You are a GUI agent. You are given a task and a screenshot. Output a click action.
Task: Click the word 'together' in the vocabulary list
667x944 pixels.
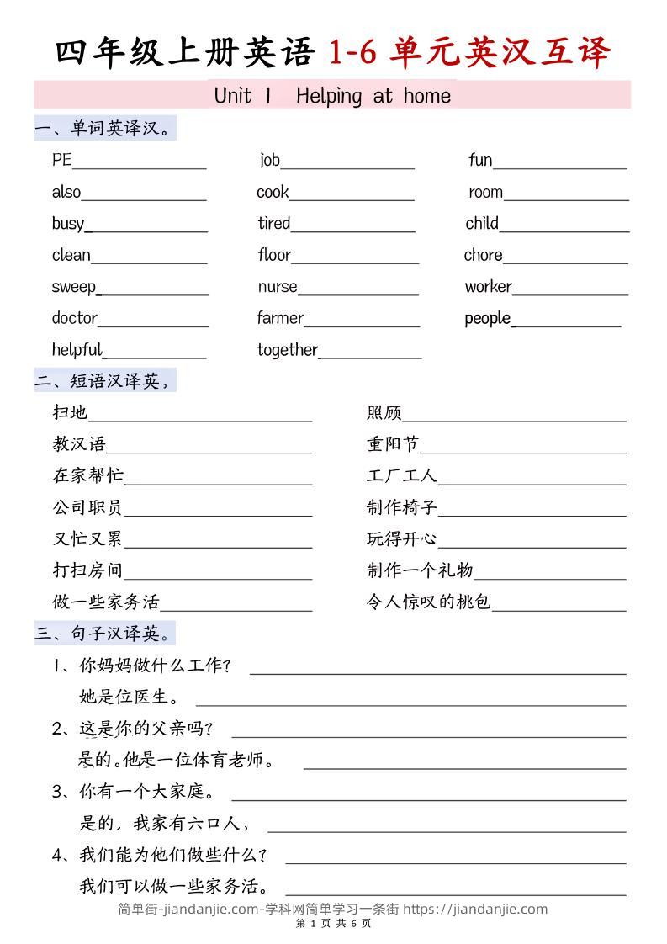[288, 350]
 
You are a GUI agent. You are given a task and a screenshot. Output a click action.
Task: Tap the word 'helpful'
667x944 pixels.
[77, 350]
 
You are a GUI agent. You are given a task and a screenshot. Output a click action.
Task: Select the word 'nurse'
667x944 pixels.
[278, 287]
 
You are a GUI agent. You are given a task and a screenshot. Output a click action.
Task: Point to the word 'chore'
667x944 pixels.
[483, 255]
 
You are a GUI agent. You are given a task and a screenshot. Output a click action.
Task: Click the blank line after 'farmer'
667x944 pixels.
[362, 325]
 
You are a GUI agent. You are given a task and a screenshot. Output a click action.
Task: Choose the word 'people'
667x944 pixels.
[487, 319]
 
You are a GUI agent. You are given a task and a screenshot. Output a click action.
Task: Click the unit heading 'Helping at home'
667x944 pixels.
[373, 96]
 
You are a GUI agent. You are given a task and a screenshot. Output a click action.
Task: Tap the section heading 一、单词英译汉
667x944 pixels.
[104, 129]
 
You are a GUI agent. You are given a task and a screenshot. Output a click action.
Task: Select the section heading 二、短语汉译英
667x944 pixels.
[104, 381]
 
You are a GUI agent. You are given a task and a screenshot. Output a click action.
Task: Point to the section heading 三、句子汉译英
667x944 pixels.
[104, 633]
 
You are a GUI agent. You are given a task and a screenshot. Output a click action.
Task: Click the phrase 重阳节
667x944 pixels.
[393, 444]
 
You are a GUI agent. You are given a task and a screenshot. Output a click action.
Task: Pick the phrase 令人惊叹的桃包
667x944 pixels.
[428, 602]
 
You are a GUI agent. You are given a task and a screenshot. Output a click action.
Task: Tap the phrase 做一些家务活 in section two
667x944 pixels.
[106, 602]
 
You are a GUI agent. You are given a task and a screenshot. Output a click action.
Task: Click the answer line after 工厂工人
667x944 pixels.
[532, 484]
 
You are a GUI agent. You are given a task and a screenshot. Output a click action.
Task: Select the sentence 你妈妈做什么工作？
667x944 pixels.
[156, 666]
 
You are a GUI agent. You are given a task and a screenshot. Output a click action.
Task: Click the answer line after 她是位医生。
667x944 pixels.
[410, 704]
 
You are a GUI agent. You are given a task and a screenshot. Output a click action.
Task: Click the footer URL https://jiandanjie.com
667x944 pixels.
[475, 909]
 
